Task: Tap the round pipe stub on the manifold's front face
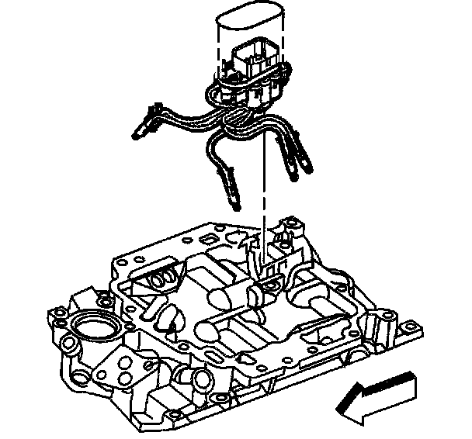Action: coord(201,379)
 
